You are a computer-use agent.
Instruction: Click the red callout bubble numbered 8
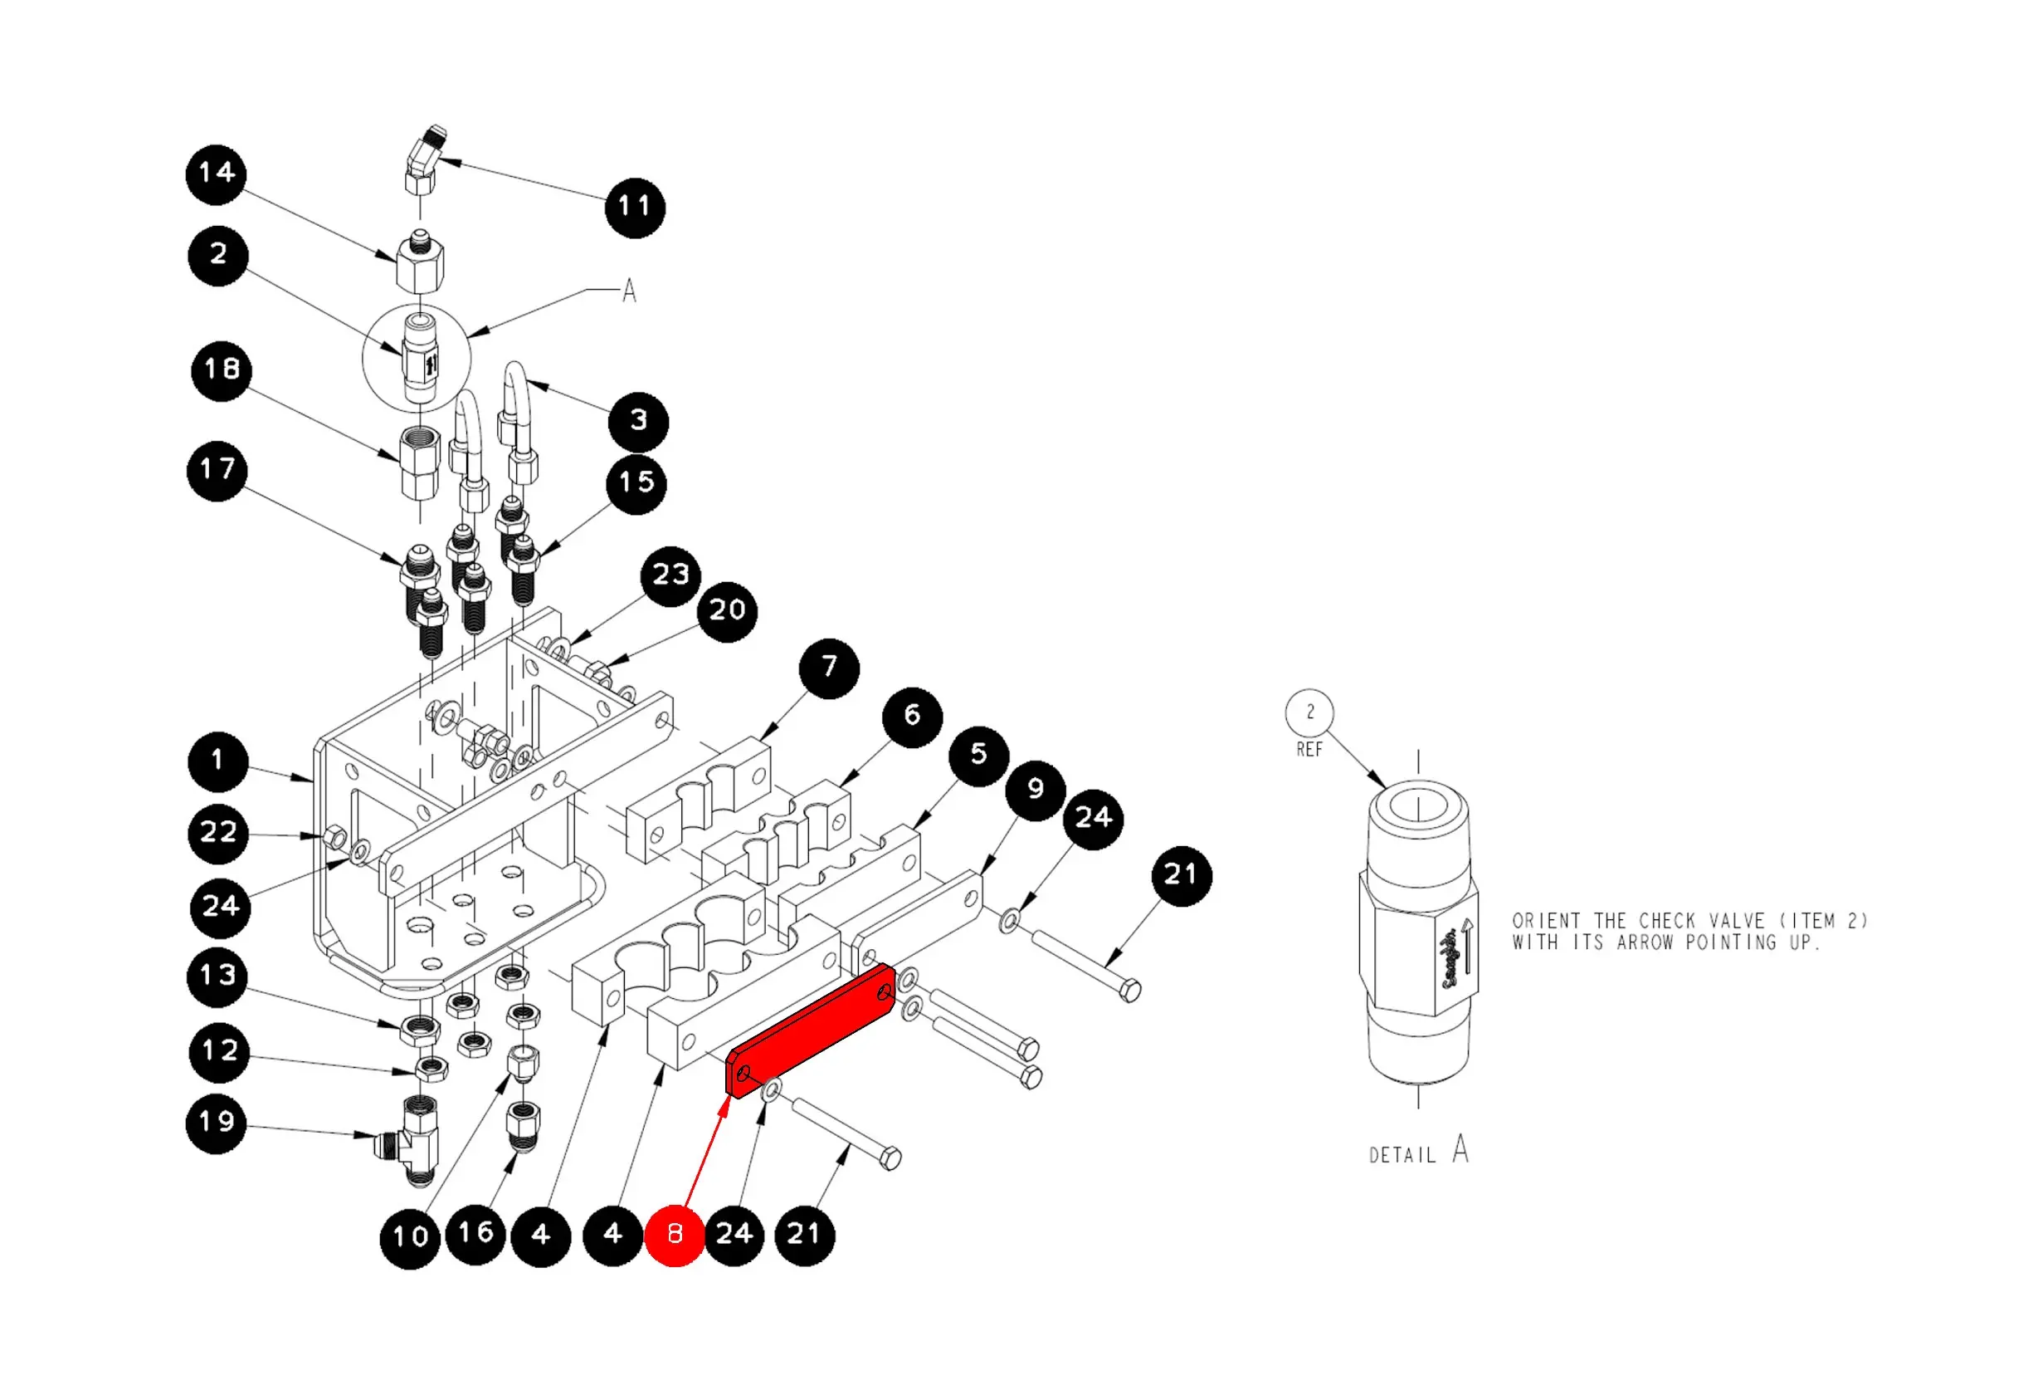click(x=675, y=1235)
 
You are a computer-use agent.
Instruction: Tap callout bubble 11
click(x=635, y=208)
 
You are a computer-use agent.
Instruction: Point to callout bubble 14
click(x=216, y=175)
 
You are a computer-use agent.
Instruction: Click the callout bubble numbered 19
click(x=216, y=1123)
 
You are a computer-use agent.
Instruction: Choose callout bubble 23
click(x=671, y=576)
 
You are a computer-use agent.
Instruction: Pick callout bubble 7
click(x=829, y=668)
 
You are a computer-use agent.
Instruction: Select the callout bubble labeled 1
click(x=217, y=761)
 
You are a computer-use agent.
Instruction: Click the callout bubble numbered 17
click(x=217, y=471)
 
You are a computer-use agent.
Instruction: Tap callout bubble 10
click(x=409, y=1237)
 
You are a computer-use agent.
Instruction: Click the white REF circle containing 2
click(x=1309, y=713)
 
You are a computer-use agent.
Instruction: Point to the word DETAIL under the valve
click(x=1402, y=1155)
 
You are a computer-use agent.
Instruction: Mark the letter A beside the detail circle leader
click(x=629, y=291)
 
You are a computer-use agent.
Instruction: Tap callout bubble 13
click(x=217, y=976)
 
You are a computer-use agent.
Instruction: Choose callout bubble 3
click(x=639, y=422)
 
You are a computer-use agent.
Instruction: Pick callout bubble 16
click(x=475, y=1234)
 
